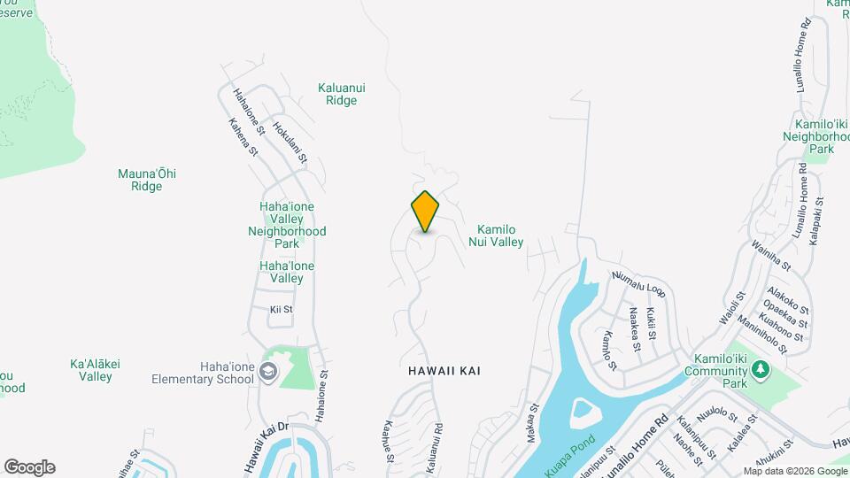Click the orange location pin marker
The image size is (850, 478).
[425, 211]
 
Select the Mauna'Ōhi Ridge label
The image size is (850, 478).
[147, 180]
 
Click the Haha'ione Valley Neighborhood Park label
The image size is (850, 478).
[287, 225]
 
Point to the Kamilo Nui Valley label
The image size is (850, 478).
[497, 235]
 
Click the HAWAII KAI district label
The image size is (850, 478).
[444, 371]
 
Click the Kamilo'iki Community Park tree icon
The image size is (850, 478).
[759, 374]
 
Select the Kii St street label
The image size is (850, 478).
[281, 310]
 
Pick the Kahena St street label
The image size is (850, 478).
[243, 138]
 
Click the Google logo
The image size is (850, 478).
[29, 467]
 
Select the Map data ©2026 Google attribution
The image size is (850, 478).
[794, 471]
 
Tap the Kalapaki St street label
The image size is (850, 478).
[817, 220]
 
